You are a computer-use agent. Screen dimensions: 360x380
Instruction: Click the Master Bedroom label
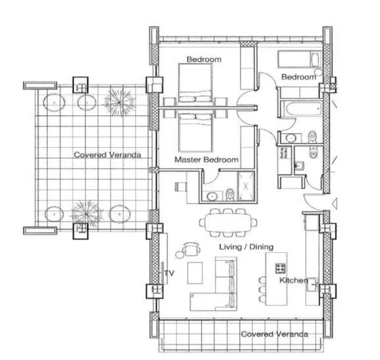click(206, 160)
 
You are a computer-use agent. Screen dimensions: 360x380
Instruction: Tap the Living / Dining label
click(246, 247)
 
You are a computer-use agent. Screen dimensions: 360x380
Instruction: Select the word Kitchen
click(293, 280)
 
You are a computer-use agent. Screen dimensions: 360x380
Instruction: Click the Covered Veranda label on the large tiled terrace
click(107, 155)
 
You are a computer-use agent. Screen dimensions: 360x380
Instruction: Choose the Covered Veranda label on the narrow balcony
click(274, 334)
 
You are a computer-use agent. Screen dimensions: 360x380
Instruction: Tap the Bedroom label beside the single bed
click(298, 77)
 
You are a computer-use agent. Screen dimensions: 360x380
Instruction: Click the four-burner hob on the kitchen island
click(281, 268)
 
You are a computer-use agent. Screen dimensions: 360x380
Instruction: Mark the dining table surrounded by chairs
click(228, 223)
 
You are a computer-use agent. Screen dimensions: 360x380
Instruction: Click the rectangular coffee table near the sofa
click(195, 272)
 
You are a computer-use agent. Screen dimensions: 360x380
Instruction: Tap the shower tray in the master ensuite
click(245, 186)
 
